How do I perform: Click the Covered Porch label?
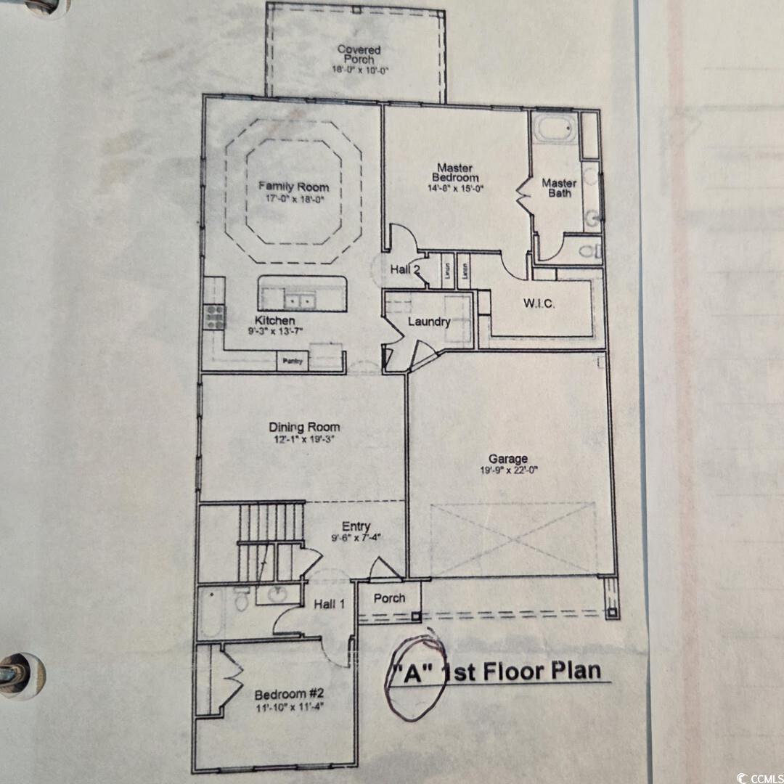[359, 54]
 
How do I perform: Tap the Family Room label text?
[293, 187]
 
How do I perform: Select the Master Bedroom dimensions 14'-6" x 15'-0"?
[456, 188]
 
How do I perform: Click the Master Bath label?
[559, 188]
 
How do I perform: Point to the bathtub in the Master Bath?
[556, 131]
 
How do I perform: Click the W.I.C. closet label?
[539, 303]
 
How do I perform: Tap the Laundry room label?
[428, 322]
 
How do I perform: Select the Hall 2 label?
[405, 269]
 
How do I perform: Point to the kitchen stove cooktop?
[214, 316]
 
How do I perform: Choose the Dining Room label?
[304, 428]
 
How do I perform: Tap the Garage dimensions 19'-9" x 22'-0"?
[507, 469]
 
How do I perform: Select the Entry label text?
[356, 526]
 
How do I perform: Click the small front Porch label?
[390, 598]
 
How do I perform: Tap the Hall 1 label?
[330, 603]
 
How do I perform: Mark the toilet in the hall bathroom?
[242, 600]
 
